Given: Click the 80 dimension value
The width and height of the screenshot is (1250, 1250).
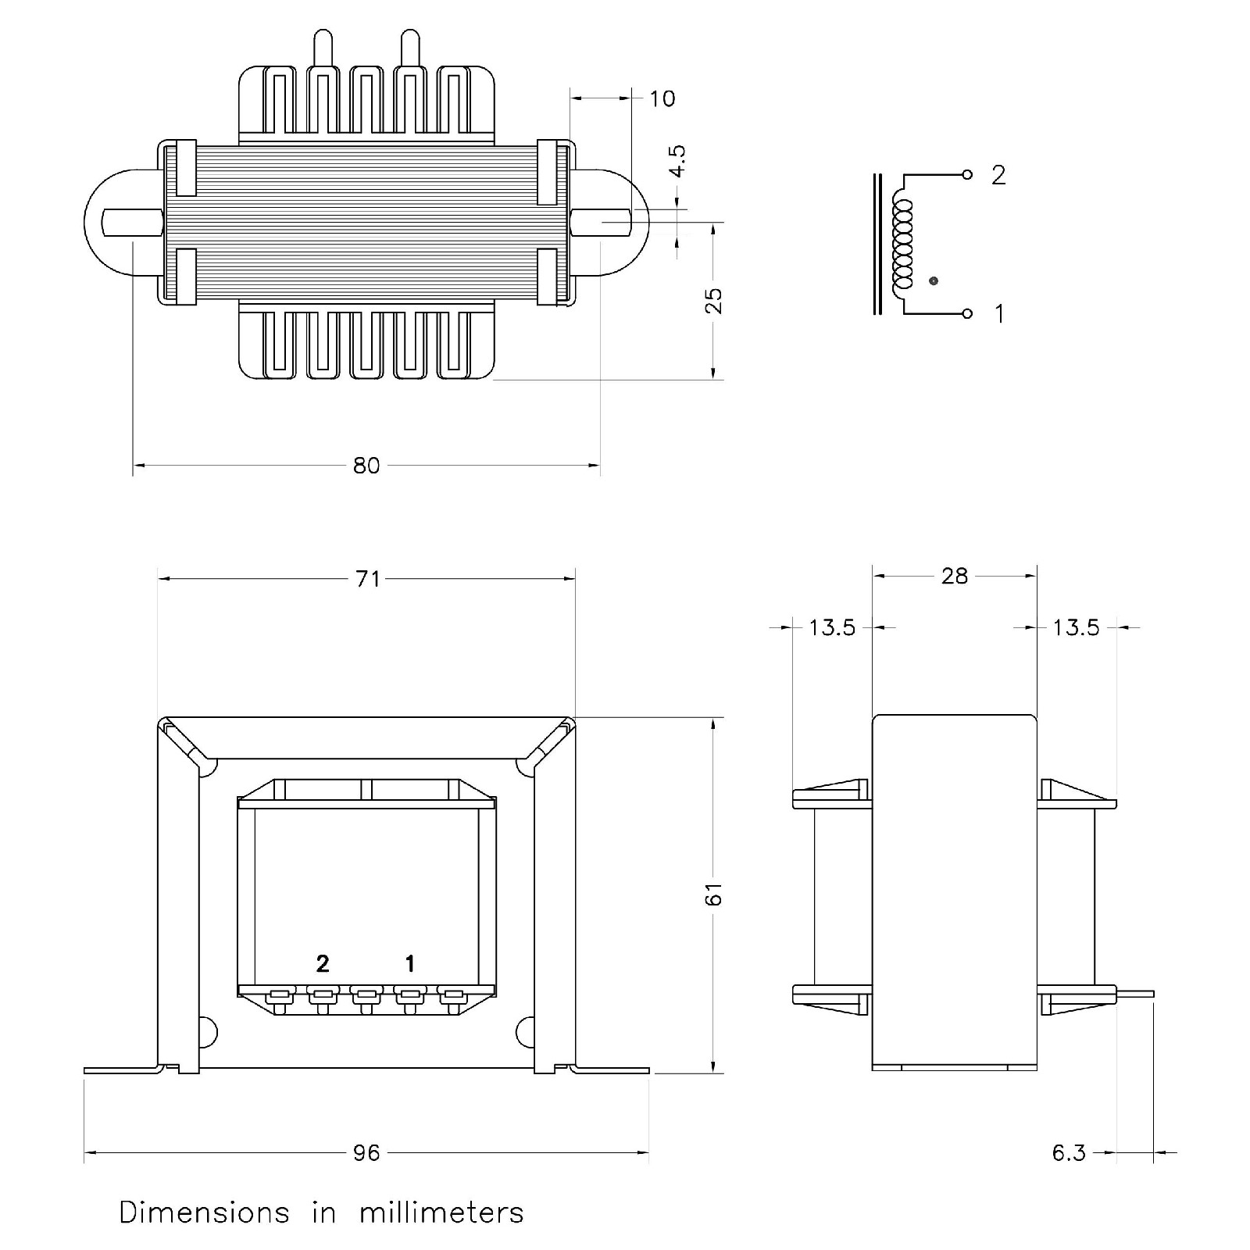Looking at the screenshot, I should (x=366, y=466).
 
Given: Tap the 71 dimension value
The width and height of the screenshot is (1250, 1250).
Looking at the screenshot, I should (x=367, y=579).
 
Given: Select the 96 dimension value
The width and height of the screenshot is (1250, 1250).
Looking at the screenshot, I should (x=366, y=1153).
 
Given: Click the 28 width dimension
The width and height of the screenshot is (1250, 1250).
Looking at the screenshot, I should (x=955, y=577).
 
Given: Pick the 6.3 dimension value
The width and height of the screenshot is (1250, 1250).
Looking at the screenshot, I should (x=1069, y=1153).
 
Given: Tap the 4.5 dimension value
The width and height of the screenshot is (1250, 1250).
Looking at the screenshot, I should (x=677, y=161).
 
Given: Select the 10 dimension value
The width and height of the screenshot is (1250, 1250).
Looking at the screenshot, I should (x=662, y=98).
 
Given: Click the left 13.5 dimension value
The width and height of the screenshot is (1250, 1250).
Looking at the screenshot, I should (x=832, y=627).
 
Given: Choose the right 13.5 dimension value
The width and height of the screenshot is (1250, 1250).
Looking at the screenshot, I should (x=1076, y=627).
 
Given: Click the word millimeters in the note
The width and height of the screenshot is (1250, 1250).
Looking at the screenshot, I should (x=441, y=1213).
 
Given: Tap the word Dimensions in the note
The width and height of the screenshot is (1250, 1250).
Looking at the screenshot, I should (x=204, y=1213).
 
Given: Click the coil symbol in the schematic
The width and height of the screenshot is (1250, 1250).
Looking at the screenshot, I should (x=902, y=242).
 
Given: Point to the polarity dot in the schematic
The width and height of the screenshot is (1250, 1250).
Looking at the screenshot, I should (x=933, y=280).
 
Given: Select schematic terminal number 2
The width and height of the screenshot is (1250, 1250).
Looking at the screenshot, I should (x=998, y=176).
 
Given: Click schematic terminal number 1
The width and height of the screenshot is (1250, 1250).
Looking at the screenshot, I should (x=998, y=314).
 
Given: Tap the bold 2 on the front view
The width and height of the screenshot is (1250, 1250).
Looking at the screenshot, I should (x=323, y=964).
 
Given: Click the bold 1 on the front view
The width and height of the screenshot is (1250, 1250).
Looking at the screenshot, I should (x=410, y=964).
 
